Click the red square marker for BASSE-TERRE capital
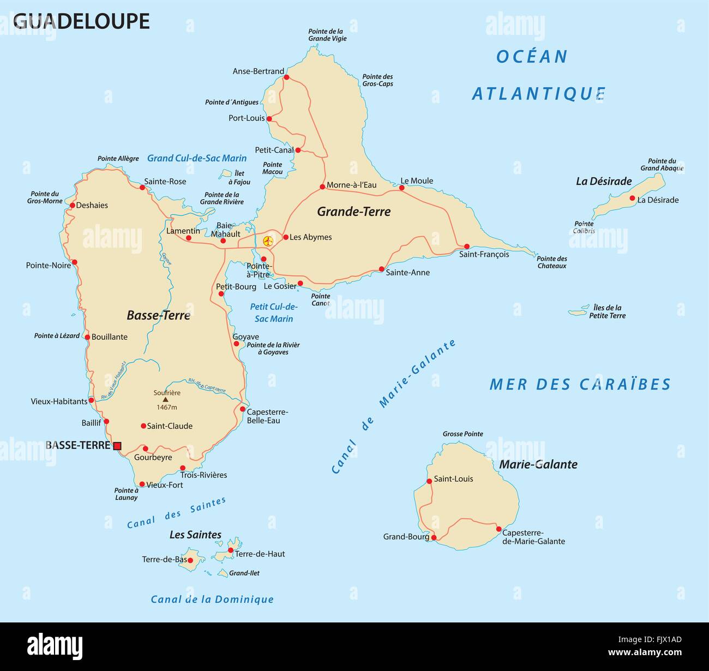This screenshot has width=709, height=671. (117, 446)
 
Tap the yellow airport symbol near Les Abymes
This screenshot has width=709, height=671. (268, 240)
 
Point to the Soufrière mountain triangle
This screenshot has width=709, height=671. (166, 399)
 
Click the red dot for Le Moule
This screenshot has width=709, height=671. (402, 188)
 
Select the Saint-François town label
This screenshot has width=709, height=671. (484, 254)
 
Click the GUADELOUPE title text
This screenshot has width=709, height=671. (81, 21)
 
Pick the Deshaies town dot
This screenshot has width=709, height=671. (72, 206)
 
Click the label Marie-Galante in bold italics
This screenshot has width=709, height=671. (538, 464)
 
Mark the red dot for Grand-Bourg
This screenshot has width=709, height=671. (434, 537)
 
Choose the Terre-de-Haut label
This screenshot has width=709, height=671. (260, 554)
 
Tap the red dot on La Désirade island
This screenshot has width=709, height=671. (632, 199)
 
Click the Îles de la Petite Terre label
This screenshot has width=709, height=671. (607, 311)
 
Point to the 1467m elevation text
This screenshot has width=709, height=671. (167, 407)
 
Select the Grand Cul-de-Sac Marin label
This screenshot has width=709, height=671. (197, 158)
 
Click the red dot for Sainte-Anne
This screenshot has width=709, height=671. (381, 269)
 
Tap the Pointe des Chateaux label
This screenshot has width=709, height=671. (551, 262)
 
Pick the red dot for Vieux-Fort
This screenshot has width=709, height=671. (142, 484)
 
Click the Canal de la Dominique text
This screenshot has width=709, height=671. (212, 599)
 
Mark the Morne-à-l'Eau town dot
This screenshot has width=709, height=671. (322, 187)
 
